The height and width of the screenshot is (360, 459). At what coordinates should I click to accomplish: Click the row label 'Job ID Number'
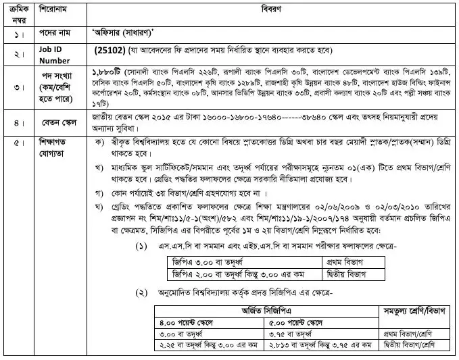click(46, 53)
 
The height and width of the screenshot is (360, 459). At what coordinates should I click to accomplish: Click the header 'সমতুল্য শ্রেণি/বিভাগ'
click(412, 316)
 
